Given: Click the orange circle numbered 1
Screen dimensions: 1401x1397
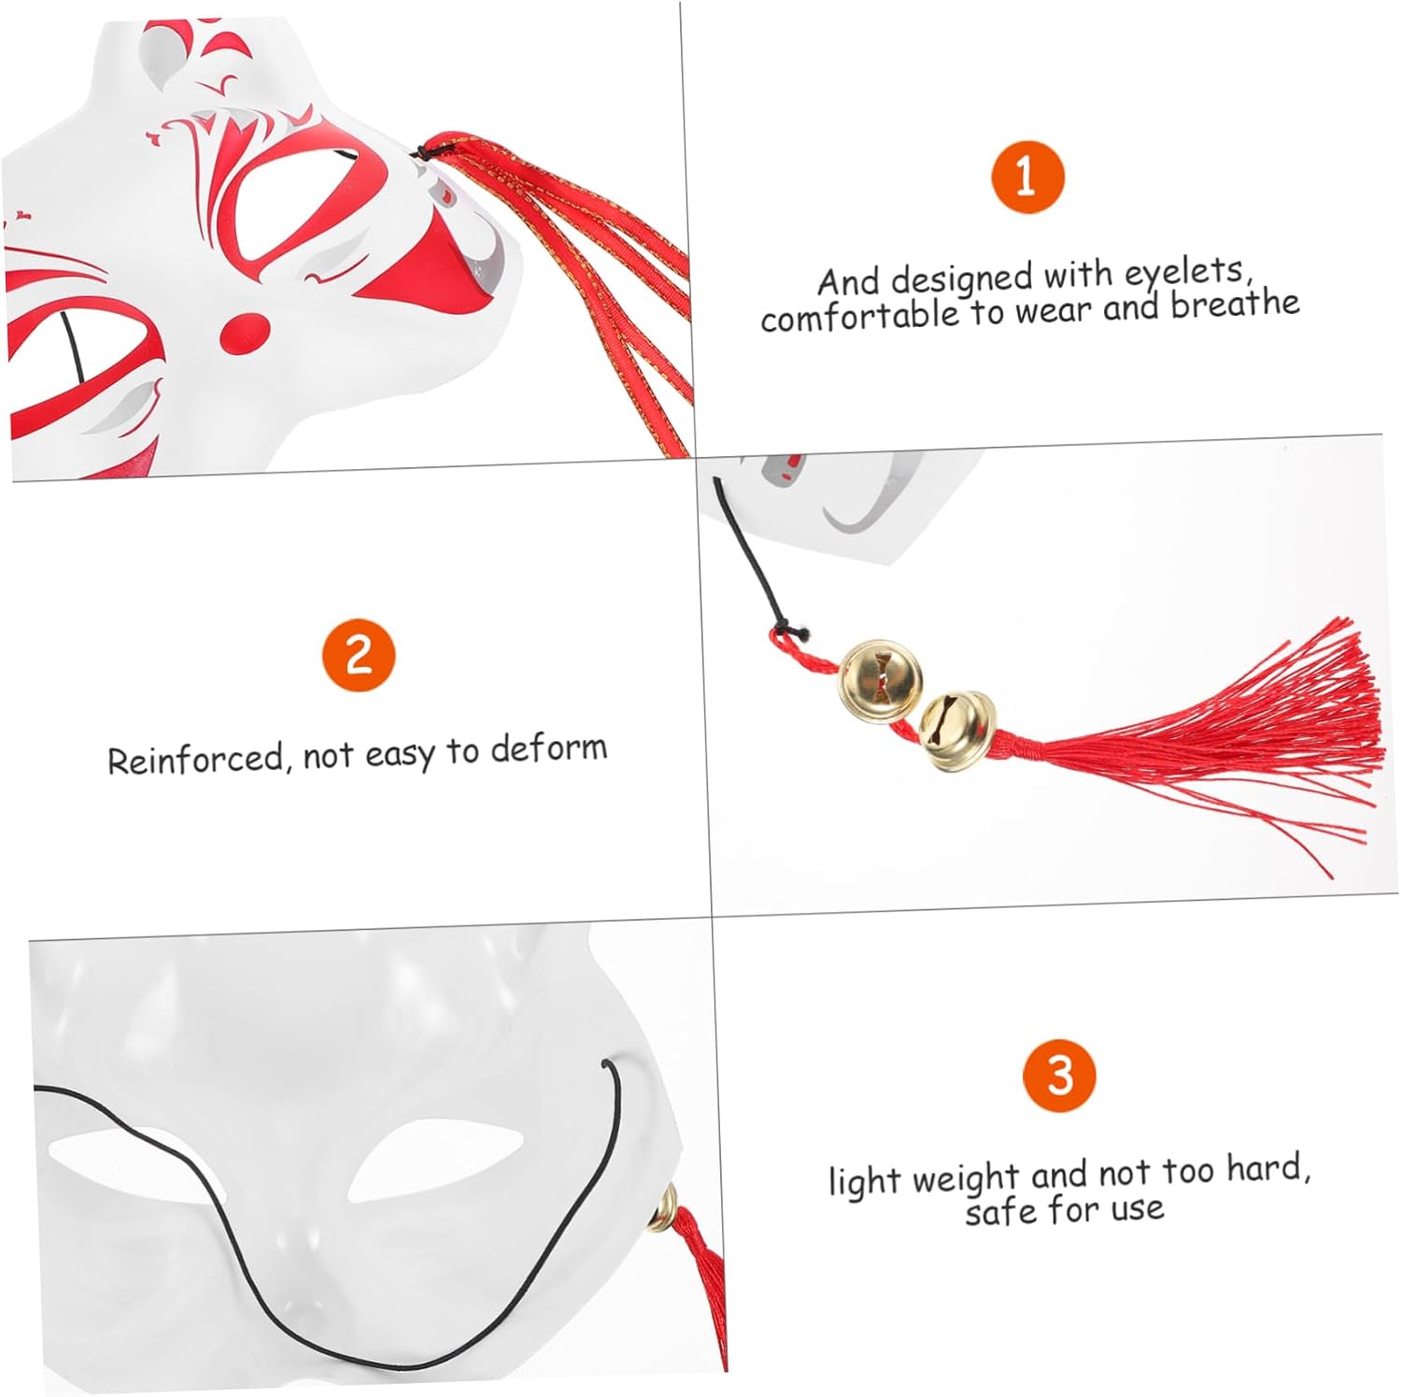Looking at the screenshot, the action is click(x=1026, y=177).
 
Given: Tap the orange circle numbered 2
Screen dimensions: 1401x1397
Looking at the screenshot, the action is click(x=359, y=654).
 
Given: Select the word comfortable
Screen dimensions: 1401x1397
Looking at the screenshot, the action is click(x=859, y=316).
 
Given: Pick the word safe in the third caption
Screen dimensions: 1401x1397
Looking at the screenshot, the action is click(x=1000, y=1211).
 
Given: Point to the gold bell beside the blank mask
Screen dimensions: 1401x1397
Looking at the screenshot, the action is click(x=666, y=1207).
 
